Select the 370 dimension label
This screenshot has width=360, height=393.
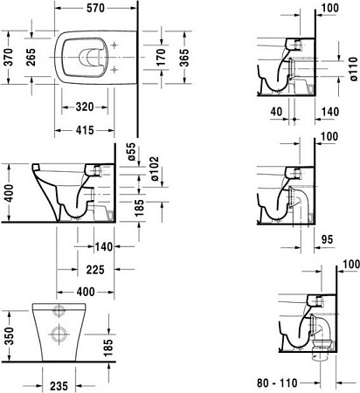click(8, 58)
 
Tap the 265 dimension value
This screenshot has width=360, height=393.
click(30, 58)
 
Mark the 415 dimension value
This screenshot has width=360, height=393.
click(85, 131)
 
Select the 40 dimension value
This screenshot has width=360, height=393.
click(276, 113)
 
